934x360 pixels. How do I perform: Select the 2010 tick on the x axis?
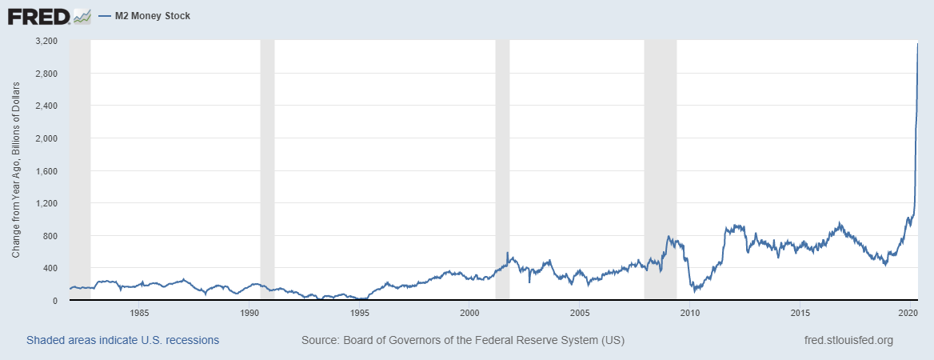click(x=689, y=312)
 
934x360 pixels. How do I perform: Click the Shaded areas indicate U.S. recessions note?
click(x=122, y=340)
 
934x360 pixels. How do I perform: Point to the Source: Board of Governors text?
click(x=462, y=340)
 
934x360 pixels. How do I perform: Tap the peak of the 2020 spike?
click(x=917, y=45)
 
